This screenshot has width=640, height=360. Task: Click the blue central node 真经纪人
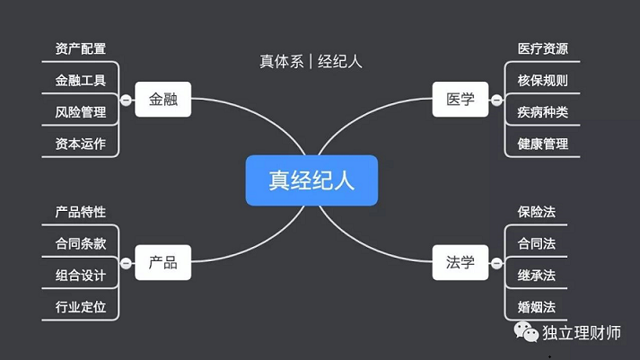click(311, 180)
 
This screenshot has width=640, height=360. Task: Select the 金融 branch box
click(162, 99)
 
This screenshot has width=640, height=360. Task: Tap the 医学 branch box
click(460, 99)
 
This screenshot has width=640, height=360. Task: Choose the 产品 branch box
click(162, 262)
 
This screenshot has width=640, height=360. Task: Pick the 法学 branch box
click(460, 262)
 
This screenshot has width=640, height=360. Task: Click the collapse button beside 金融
click(127, 100)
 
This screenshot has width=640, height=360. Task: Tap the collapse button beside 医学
click(496, 100)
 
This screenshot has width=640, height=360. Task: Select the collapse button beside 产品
click(127, 263)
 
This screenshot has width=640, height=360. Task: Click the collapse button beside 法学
click(496, 263)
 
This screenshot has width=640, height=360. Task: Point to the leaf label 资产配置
click(81, 48)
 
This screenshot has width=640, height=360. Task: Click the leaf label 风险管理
click(81, 112)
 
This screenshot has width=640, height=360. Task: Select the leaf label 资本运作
click(81, 144)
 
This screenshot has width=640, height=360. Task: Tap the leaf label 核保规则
click(543, 81)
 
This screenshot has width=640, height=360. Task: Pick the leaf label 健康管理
click(543, 144)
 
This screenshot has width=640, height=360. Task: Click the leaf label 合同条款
click(81, 243)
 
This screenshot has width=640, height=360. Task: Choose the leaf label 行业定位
click(81, 307)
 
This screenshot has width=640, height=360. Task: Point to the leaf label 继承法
click(537, 276)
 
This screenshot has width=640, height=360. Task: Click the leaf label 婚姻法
click(537, 307)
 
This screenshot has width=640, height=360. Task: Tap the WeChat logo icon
click(526, 332)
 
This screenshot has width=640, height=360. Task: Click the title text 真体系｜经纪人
click(311, 62)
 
